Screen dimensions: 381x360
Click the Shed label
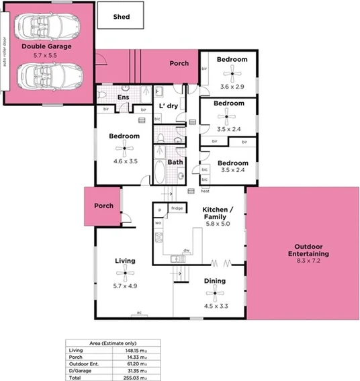pos(121,17)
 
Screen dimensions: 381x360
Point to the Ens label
pos(123,98)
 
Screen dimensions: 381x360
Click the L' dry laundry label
pos(167,106)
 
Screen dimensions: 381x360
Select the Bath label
pos(175,162)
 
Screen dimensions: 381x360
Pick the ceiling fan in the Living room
pos(125,273)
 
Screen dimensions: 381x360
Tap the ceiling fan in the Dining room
pos(214,292)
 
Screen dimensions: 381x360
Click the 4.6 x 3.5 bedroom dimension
pos(124,161)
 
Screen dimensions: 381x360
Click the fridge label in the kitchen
pos(177,208)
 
